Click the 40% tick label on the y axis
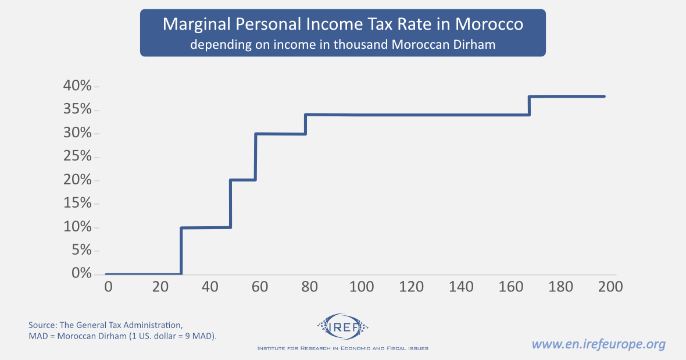tap(77, 87)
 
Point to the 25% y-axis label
tap(77, 156)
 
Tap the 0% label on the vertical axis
tap(81, 273)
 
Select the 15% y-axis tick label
tap(77, 204)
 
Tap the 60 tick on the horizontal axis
tap(260, 287)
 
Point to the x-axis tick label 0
tap(108, 287)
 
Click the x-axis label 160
tap(510, 287)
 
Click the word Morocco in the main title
tap(490, 24)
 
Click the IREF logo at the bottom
tap(342, 328)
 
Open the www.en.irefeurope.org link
tap(598, 344)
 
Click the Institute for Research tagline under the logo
tap(342, 348)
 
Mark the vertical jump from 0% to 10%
tap(181, 251)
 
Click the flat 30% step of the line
tap(280, 134)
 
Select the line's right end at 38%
tap(604, 97)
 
